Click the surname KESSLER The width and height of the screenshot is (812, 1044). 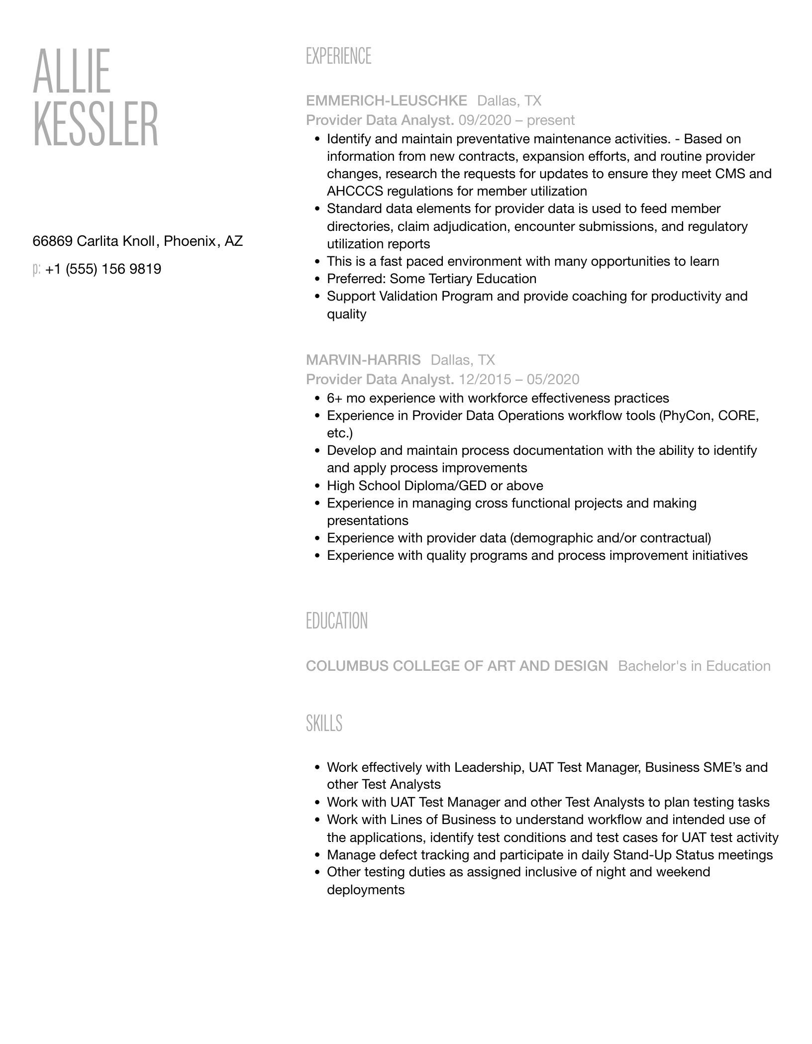[x=96, y=124]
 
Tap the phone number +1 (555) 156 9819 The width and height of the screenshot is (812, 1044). [x=103, y=269]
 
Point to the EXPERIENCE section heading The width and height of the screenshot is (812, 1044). [x=338, y=56]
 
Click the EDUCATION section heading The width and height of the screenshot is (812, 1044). [x=337, y=621]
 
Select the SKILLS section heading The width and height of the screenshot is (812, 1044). [x=324, y=723]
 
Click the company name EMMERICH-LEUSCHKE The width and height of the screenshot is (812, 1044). [x=387, y=101]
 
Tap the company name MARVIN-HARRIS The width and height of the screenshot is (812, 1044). [x=363, y=360]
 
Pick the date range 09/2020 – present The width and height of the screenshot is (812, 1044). [x=516, y=120]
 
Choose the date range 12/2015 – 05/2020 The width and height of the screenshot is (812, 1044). [x=519, y=380]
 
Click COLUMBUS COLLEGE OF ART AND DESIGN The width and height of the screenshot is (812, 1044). [x=457, y=666]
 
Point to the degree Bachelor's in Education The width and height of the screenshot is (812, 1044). [x=694, y=666]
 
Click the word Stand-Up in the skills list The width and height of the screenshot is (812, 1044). [x=638, y=855]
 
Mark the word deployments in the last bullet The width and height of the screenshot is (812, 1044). [x=366, y=890]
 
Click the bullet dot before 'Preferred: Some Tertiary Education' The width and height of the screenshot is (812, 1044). [x=317, y=279]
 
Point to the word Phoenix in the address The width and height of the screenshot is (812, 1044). [x=190, y=241]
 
